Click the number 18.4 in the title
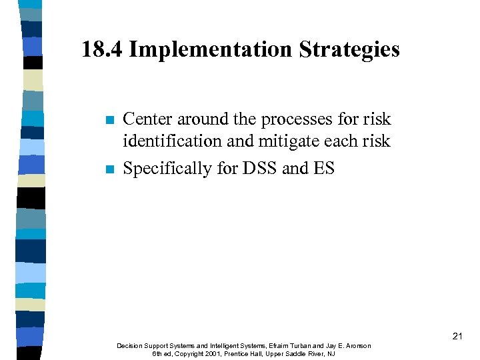102,49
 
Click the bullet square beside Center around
109,121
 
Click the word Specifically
167,169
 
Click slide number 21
457,337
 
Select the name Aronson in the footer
357,345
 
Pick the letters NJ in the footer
331,353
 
